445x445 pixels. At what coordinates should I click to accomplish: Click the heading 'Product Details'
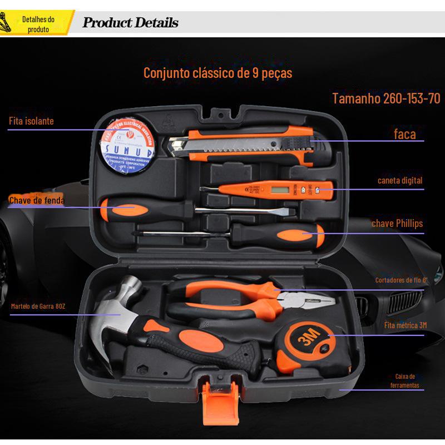point(130,23)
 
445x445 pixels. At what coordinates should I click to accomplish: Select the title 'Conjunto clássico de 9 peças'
point(217,73)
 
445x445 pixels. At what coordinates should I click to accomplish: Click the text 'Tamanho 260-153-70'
point(386,99)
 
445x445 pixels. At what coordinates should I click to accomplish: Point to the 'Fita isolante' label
point(31,121)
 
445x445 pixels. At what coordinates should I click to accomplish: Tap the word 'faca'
point(404,133)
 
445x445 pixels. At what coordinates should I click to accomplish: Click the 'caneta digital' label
point(399,180)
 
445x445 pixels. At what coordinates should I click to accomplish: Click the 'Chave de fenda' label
point(37,200)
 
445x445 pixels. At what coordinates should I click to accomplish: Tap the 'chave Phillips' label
point(397,224)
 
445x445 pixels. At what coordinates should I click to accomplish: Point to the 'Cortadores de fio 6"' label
point(400,280)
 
